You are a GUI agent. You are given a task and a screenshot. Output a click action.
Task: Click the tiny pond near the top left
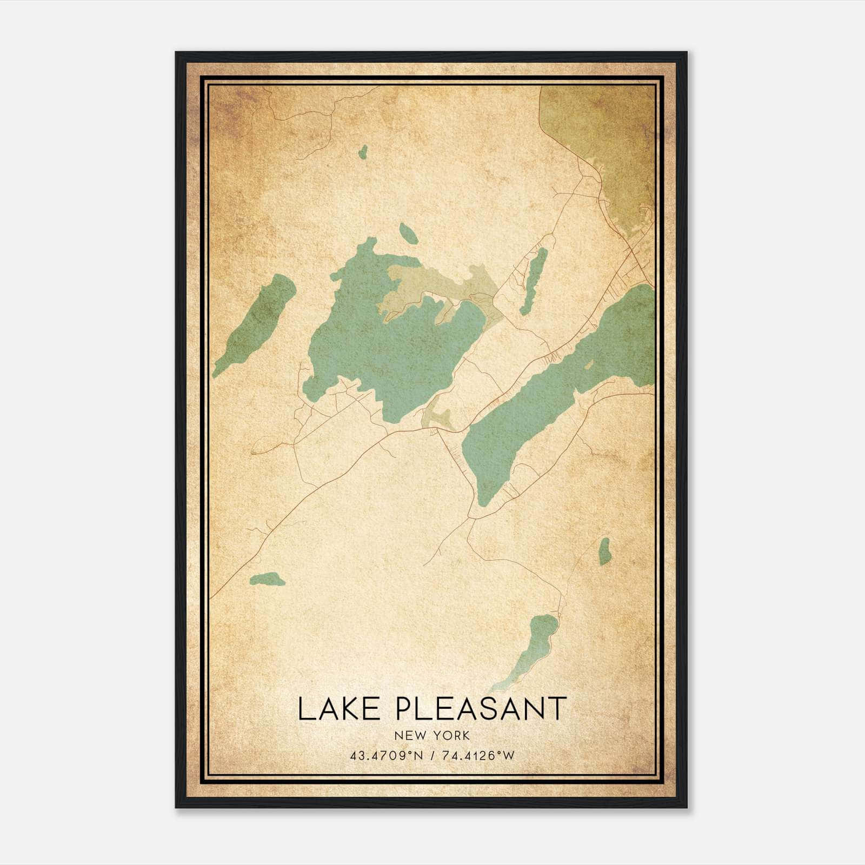coord(363,152)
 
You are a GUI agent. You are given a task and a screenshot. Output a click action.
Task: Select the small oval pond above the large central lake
coord(408,233)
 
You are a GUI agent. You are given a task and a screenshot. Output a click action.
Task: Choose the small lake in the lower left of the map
coord(267,579)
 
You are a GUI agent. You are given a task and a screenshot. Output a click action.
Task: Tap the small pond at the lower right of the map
coord(604,551)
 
